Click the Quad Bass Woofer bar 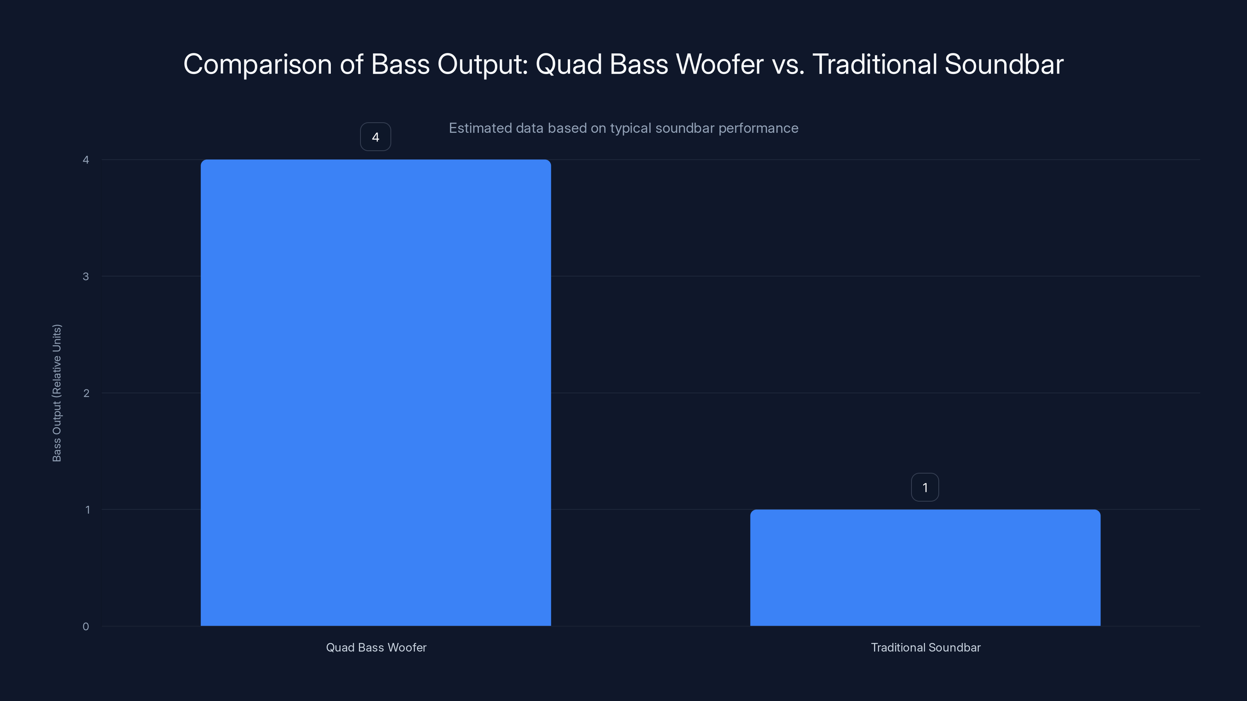tap(376, 392)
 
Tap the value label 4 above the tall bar tap(375, 137)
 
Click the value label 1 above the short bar tap(925, 487)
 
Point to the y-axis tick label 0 tap(86, 627)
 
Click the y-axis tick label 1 tap(87, 509)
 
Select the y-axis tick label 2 tap(86, 393)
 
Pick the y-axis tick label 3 tap(86, 276)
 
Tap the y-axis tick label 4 tap(86, 160)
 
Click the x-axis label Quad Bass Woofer tap(376, 647)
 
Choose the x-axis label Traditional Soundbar tap(925, 647)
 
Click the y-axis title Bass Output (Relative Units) tap(57, 393)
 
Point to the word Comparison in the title tap(258, 65)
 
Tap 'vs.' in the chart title tap(788, 64)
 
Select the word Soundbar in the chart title tap(1003, 64)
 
